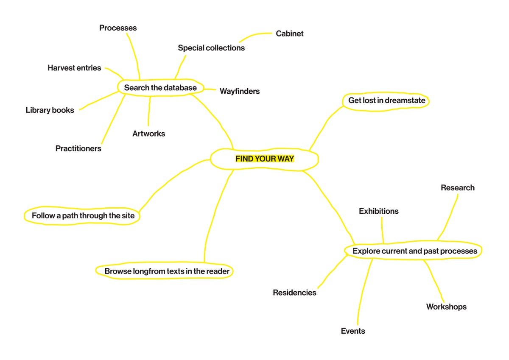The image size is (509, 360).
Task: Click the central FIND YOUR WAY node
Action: [x=265, y=159]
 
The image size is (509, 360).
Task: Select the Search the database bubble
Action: [x=160, y=88]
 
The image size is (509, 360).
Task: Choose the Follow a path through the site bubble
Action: [x=83, y=215]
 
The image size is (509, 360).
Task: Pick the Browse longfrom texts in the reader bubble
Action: [x=167, y=271]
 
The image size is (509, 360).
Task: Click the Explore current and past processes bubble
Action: [x=414, y=251]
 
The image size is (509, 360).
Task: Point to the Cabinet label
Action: [x=290, y=33]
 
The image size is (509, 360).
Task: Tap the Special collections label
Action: [x=211, y=48]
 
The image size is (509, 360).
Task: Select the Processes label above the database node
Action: [x=118, y=28]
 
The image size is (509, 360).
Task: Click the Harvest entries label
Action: [x=74, y=68]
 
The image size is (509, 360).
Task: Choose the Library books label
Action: [x=50, y=110]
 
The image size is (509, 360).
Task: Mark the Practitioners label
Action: [x=78, y=148]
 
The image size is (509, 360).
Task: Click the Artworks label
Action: [x=148, y=134]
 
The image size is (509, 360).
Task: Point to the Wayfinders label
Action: [x=240, y=91]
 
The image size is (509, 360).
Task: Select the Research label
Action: [x=457, y=188]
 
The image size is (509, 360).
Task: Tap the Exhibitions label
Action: [x=379, y=211]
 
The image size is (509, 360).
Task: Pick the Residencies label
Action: [x=294, y=293]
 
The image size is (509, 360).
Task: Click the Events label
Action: [x=353, y=331]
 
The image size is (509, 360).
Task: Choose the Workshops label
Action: [x=446, y=307]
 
